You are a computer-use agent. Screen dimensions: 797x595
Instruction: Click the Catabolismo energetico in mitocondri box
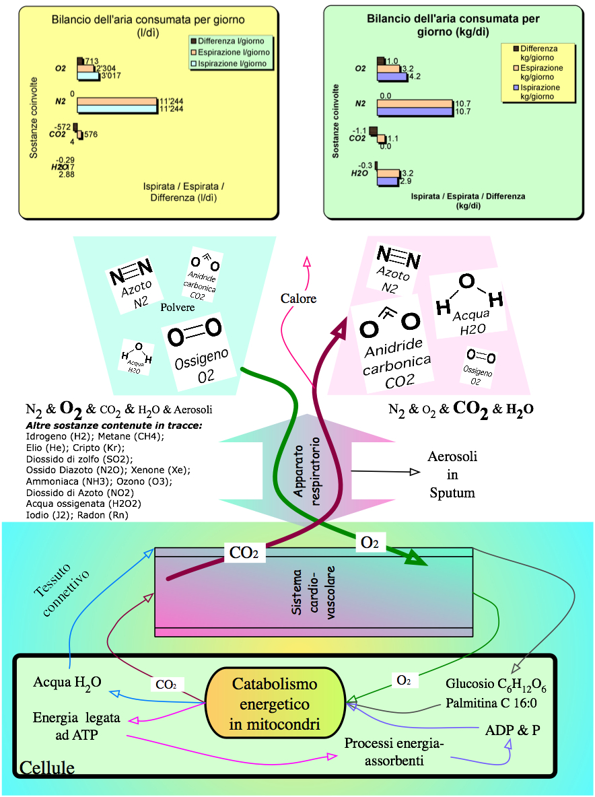(275, 704)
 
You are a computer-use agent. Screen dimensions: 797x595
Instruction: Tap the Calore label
(298, 298)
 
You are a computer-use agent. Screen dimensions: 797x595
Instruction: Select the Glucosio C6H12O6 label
(496, 685)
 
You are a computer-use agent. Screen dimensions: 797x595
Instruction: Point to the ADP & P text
(513, 730)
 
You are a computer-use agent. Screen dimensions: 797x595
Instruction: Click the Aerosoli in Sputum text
(452, 475)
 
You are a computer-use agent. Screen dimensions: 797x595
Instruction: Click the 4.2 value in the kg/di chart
(415, 77)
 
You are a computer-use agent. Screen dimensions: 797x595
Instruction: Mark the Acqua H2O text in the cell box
(67, 683)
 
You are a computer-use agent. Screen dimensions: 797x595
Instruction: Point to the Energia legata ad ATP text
(77, 726)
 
